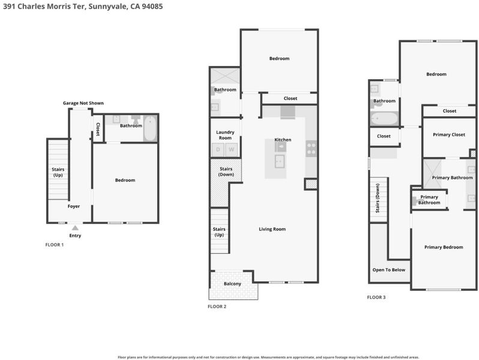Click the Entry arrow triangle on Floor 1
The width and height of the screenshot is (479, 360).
75,228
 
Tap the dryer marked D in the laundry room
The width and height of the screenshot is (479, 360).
218,149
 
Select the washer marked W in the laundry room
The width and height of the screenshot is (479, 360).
232,149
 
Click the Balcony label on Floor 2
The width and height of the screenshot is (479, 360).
232,284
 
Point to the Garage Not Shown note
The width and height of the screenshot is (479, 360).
83,103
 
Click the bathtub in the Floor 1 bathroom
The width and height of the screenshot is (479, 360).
150,128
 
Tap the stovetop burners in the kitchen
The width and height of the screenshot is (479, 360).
312,149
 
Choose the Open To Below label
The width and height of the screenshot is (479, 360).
389,270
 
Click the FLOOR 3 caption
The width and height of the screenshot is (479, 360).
376,298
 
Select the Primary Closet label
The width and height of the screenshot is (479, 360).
449,134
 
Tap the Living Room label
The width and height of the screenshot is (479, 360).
272,229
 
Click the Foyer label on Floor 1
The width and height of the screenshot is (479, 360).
74,206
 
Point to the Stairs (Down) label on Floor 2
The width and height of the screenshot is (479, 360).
226,172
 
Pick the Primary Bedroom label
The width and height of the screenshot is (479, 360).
444,247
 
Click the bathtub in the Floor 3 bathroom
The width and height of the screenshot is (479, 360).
384,118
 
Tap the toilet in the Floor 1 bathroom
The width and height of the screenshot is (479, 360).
135,119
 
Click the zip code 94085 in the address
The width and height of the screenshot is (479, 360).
152,7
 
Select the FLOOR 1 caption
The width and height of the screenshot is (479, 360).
55,245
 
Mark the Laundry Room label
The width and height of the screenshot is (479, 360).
225,135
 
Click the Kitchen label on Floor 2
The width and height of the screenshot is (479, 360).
283,140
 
